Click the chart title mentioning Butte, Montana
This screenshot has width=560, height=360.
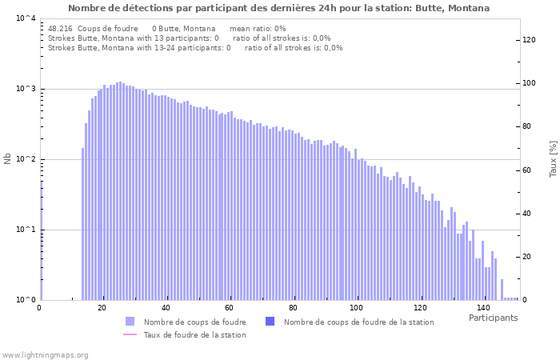click(278, 8)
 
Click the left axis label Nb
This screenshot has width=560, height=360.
click(8, 159)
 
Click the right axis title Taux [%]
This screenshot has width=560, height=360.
click(552, 159)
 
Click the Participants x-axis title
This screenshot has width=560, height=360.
click(493, 318)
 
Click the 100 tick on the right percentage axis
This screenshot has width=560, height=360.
click(530, 83)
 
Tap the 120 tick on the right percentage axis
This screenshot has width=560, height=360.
click(530, 40)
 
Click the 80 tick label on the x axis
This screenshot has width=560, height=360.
click(294, 308)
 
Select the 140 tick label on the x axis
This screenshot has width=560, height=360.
click(483, 308)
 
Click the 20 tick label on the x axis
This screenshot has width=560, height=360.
click(102, 308)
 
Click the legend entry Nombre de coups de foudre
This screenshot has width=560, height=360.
click(194, 322)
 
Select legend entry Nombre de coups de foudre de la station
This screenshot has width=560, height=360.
click(358, 322)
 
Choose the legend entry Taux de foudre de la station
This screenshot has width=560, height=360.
click(194, 334)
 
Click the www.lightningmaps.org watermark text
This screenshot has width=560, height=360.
click(46, 354)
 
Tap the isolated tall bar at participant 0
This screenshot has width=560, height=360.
click(42, 240)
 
